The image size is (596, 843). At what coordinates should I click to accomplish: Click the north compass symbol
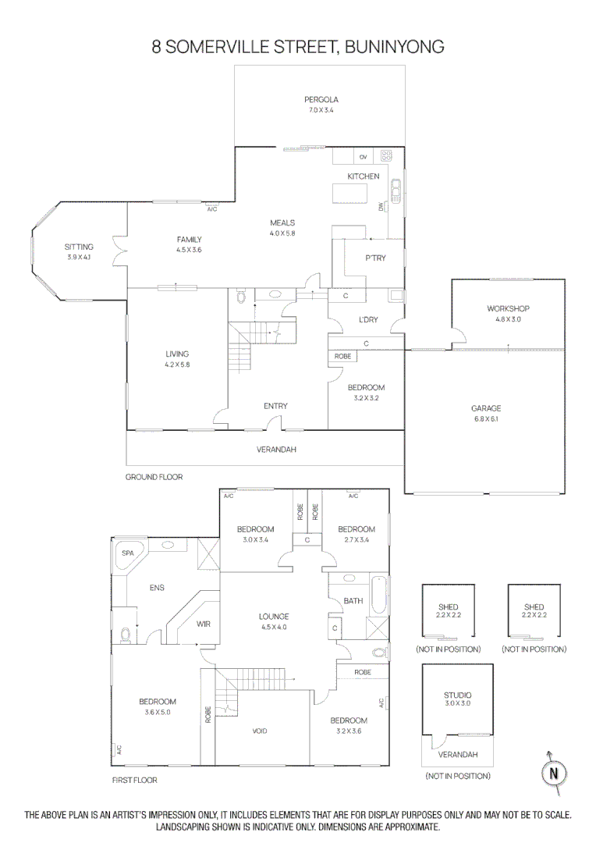[554, 773]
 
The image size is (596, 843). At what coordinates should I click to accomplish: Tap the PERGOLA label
[321, 99]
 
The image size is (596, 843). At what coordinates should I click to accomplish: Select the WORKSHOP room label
[508, 308]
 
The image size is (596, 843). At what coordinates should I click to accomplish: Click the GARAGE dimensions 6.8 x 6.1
[485, 419]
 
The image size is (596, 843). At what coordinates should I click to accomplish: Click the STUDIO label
[458, 695]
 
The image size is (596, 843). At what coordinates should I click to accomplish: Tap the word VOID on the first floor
[260, 731]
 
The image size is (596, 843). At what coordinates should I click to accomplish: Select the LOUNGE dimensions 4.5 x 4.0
[274, 627]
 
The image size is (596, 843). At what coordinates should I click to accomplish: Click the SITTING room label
[79, 247]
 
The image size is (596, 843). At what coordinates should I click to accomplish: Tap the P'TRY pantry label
[375, 258]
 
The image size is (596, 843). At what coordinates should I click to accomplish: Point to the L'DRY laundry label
[368, 319]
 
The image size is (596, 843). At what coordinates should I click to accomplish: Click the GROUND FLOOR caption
[154, 476]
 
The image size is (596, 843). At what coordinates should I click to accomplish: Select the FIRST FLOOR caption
[135, 780]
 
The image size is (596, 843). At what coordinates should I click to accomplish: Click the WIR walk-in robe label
[203, 624]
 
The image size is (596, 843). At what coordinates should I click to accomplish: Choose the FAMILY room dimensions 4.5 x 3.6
[188, 250]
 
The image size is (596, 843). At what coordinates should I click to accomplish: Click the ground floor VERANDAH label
[276, 450]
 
